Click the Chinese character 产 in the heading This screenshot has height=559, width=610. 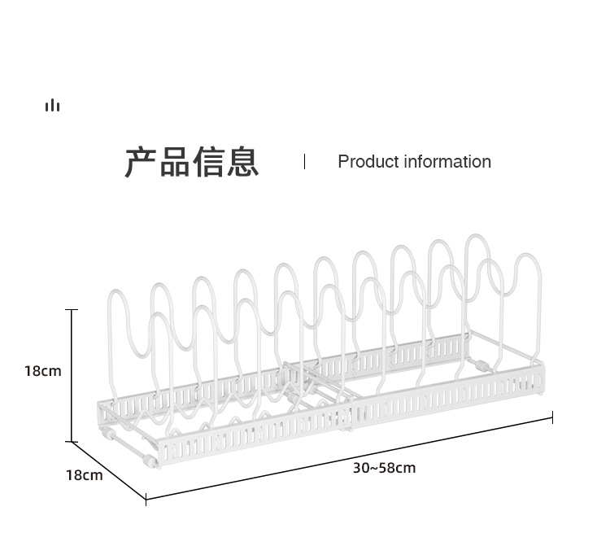coord(141,162)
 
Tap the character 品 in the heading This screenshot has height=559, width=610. coord(175,162)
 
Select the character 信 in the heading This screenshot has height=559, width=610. coord(209,162)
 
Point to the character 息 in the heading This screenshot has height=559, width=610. coord(243,162)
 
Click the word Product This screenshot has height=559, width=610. coord(367,162)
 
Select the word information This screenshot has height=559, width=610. coord(447,162)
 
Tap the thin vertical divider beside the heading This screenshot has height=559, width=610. coord(304,161)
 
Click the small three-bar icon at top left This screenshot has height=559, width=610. coord(53,106)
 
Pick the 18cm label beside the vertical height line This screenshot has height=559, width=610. coord(42,371)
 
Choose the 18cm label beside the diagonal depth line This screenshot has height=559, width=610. coord(85,475)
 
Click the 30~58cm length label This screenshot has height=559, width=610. coord(384,468)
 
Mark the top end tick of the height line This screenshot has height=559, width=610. coord(72,310)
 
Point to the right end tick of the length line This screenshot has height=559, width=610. coord(552,417)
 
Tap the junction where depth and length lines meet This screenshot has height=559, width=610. coord(146,498)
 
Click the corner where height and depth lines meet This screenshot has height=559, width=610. coord(72,441)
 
